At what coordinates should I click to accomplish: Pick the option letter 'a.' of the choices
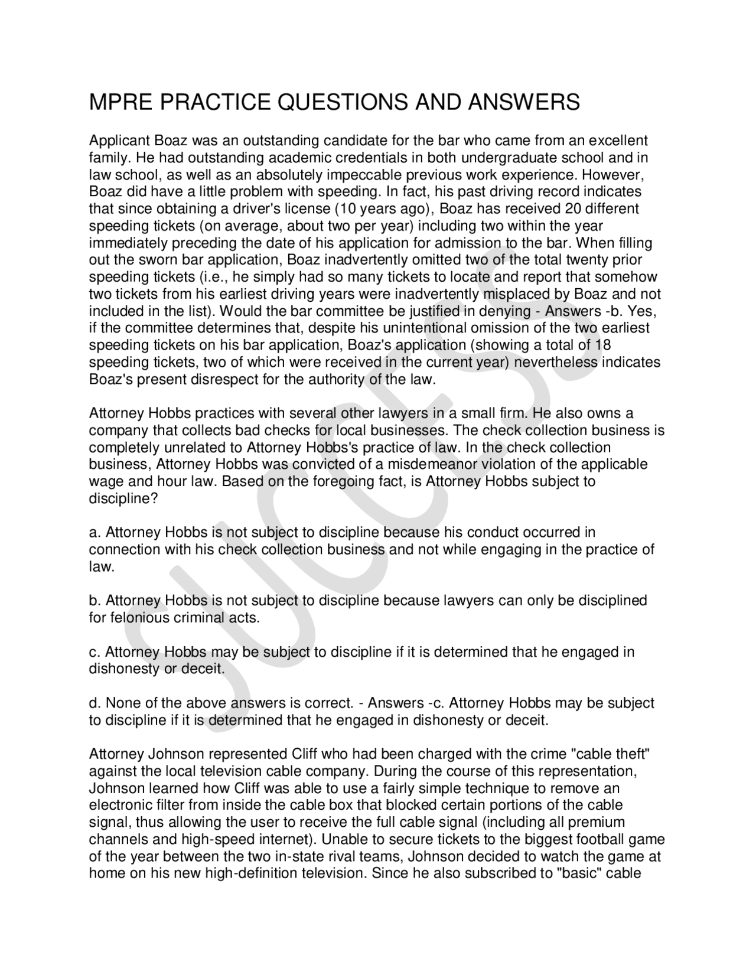point(94,533)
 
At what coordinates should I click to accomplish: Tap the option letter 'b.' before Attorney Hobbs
point(94,601)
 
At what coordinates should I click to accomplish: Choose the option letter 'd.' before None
point(94,703)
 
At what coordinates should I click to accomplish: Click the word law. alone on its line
point(101,567)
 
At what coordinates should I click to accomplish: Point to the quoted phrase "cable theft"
point(610,754)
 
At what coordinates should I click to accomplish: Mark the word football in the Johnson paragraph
point(607,839)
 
